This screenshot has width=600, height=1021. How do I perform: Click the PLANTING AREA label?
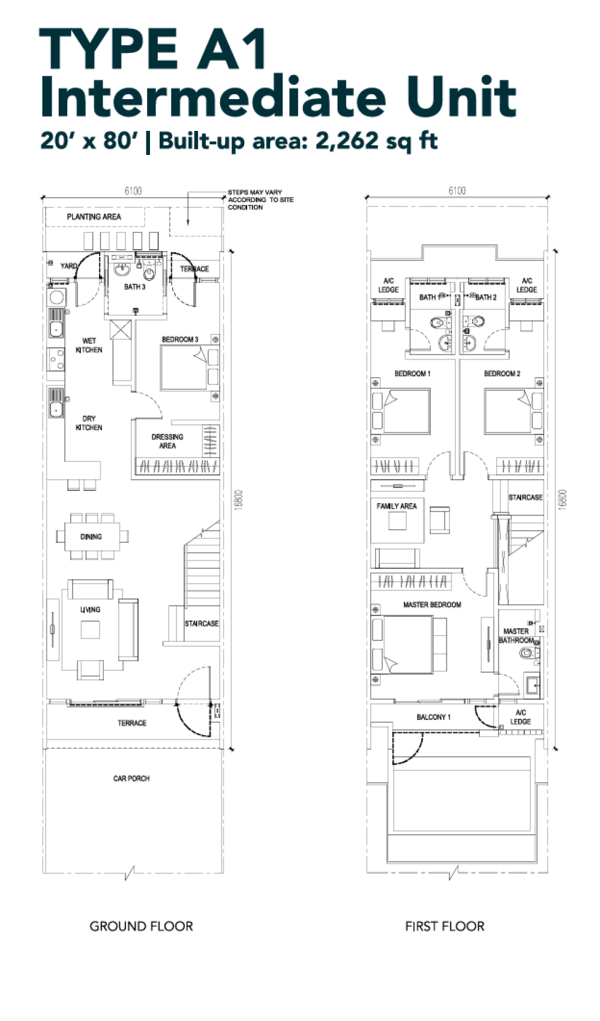[94, 216]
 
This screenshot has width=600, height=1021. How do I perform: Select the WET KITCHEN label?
[89, 345]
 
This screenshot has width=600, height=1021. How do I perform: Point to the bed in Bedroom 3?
[190, 368]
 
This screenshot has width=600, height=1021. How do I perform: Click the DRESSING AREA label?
[167, 441]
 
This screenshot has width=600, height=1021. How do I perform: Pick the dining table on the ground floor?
[92, 536]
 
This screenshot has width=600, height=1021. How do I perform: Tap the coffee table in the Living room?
[90, 630]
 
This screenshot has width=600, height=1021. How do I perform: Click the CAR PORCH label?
[131, 778]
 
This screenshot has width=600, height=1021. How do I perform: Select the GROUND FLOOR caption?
[141, 926]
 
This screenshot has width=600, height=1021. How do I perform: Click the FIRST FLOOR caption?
[445, 926]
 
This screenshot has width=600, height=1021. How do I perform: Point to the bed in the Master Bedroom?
[409, 644]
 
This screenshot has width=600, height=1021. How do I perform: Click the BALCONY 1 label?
[433, 717]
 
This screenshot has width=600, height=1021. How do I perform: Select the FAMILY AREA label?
[397, 506]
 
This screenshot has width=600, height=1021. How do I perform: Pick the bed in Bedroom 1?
[401, 411]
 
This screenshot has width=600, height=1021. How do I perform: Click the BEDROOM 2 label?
[502, 374]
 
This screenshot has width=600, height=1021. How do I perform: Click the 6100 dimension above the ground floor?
[133, 190]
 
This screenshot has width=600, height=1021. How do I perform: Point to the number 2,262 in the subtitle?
[347, 141]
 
